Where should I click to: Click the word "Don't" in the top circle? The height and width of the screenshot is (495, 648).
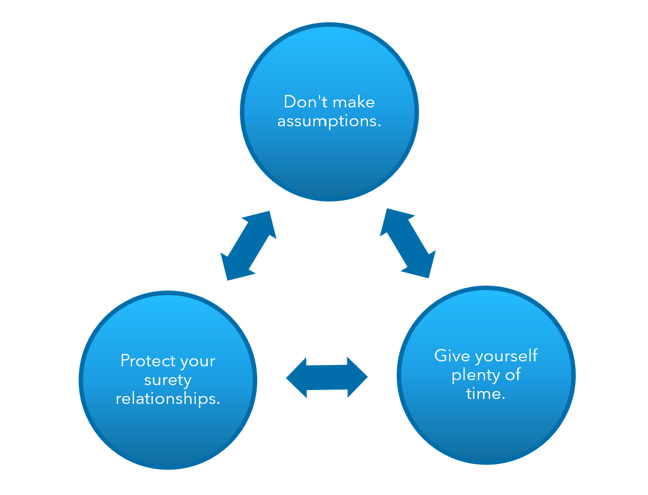pos(303,102)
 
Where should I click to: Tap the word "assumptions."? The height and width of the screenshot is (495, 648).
pos(329,121)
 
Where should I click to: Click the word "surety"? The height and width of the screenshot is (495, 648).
pos(168,380)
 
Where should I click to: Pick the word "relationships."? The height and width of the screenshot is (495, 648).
pos(168,398)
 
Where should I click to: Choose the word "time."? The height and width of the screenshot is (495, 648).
pos(485,394)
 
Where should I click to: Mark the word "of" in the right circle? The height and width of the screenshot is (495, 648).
pos(512,375)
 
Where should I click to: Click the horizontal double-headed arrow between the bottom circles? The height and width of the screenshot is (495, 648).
pos(326,377)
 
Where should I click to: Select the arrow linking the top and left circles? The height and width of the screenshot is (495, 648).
pos(248,246)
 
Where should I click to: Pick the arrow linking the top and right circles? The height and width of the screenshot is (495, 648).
pos(408,243)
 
